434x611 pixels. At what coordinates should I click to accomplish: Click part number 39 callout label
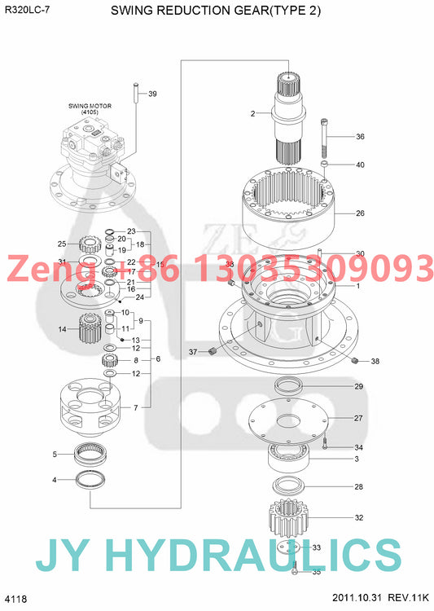(x=151, y=95)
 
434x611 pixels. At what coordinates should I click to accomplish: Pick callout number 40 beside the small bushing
(x=360, y=165)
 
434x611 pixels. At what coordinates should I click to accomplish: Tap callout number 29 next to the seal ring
(x=358, y=386)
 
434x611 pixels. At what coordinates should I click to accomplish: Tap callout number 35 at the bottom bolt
(x=317, y=572)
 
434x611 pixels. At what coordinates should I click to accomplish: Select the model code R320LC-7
(x=21, y=11)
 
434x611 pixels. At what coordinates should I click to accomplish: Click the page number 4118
(x=15, y=599)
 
